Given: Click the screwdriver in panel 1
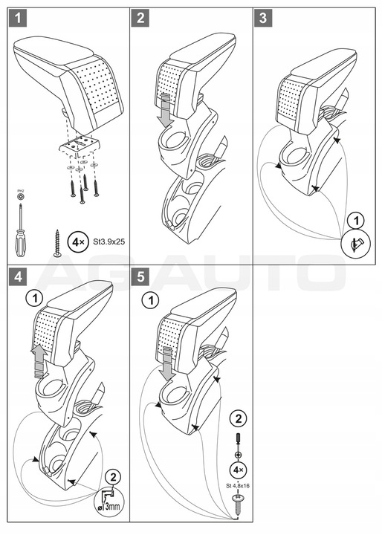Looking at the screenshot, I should [x=20, y=227].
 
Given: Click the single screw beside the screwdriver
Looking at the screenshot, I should [x=56, y=244].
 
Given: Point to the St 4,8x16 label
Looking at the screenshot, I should [x=237, y=486].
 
